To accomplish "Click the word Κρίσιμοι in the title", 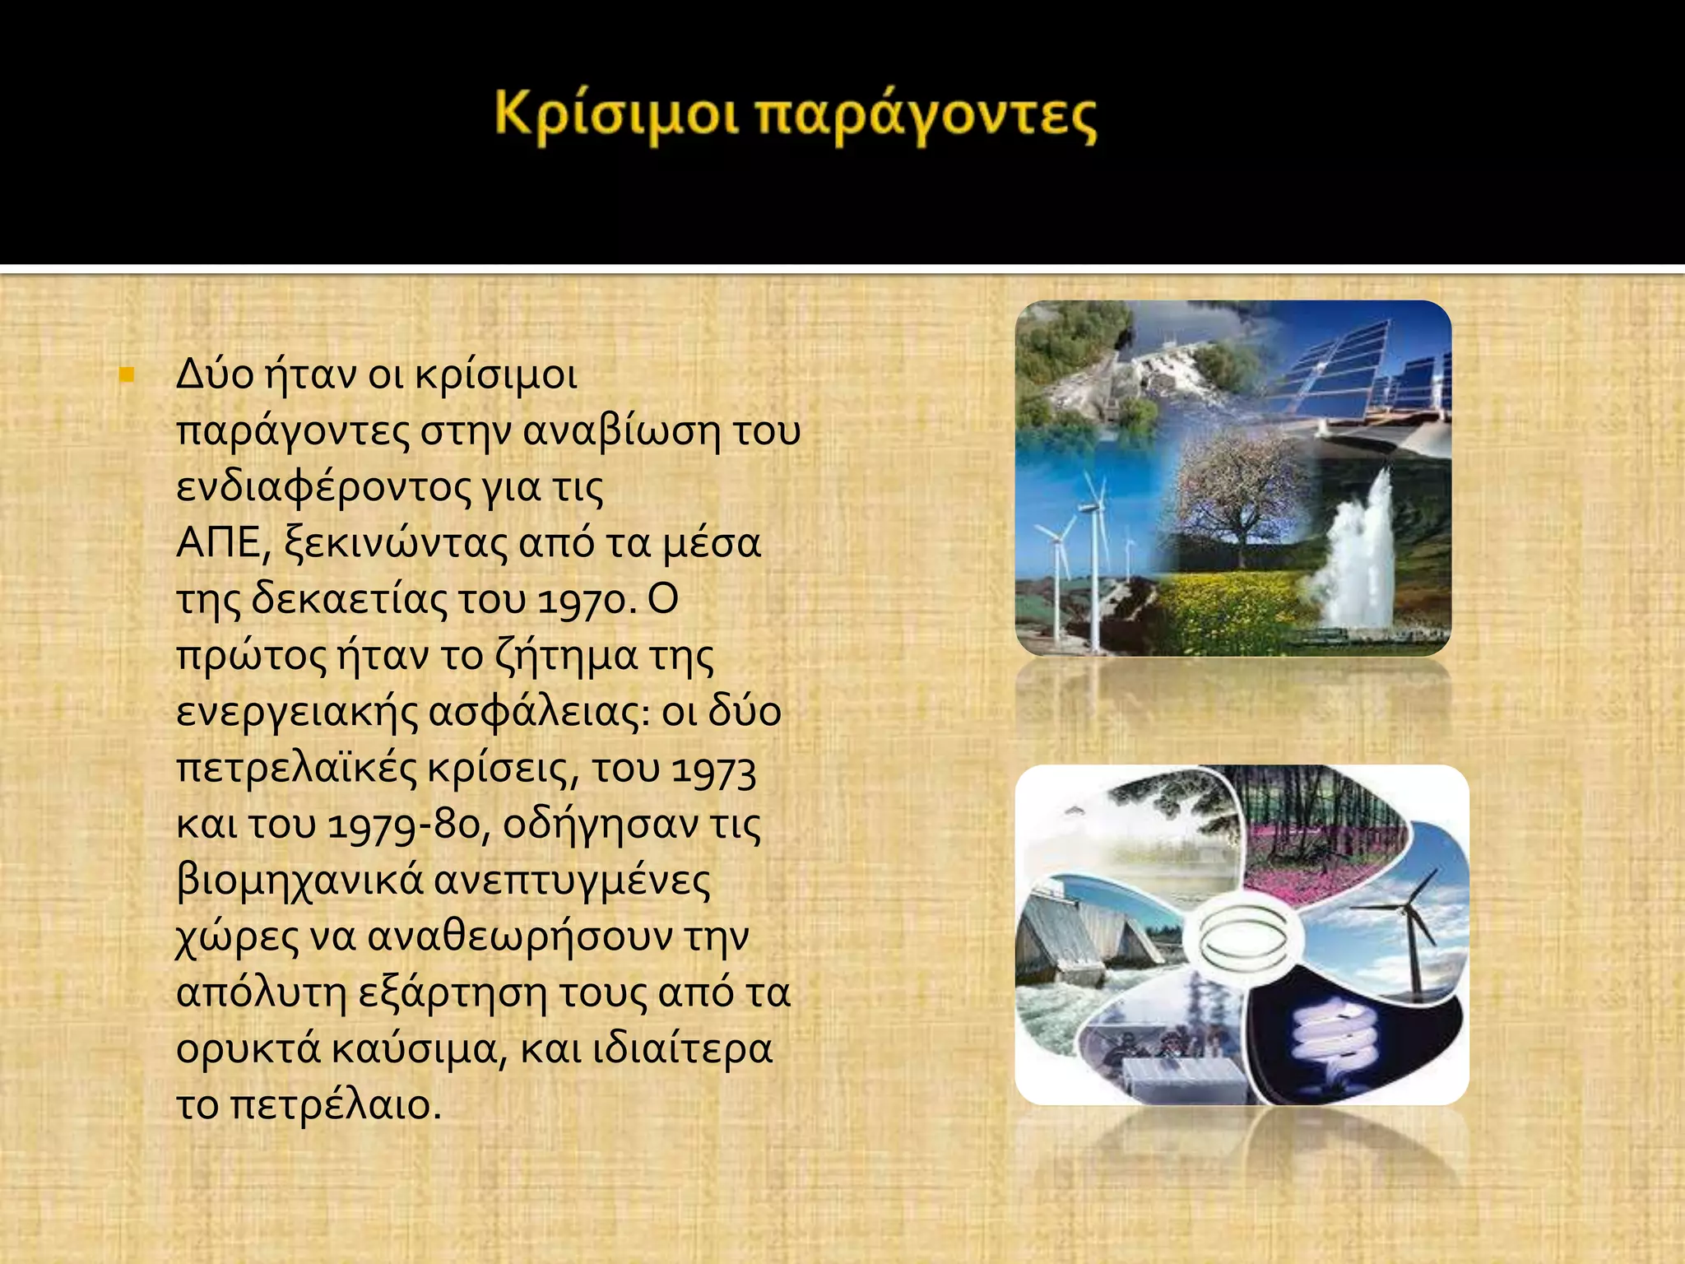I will pos(615,115).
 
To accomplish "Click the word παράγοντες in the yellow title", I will pos(926,117).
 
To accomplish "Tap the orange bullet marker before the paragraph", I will pos(126,376).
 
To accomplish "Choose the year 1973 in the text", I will pos(713,770).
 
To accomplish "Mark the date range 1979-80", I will pos(402,825).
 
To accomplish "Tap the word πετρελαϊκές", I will pos(296,769).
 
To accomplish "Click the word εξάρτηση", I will pos(453,992).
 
